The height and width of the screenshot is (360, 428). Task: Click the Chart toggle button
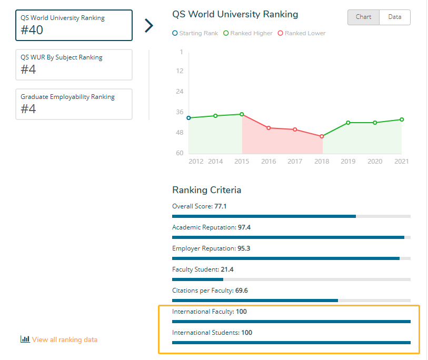363,17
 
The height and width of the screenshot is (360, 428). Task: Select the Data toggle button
395,17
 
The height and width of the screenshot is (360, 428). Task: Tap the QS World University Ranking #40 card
74,25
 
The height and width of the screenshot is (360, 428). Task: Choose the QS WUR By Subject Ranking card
74,64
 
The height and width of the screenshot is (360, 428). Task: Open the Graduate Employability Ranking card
74,104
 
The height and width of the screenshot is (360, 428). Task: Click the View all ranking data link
59,339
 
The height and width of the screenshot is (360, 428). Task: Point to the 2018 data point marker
322,136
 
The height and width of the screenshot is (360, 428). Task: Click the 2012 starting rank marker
188,118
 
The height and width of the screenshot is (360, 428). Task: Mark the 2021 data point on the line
402,119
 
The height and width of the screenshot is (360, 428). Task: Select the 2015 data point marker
242,114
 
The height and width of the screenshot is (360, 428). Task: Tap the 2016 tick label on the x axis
268,162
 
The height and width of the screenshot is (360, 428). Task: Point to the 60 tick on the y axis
180,153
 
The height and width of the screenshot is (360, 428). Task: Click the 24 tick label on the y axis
180,92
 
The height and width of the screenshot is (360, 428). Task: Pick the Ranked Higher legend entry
248,33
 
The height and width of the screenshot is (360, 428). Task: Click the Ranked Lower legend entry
302,33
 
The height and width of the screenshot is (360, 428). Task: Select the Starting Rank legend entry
195,33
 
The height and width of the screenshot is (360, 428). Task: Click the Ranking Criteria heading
206,190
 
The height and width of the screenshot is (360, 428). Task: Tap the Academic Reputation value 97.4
244,227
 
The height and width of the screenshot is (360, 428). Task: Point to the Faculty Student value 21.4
227,269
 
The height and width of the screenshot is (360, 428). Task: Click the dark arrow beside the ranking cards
149,25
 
